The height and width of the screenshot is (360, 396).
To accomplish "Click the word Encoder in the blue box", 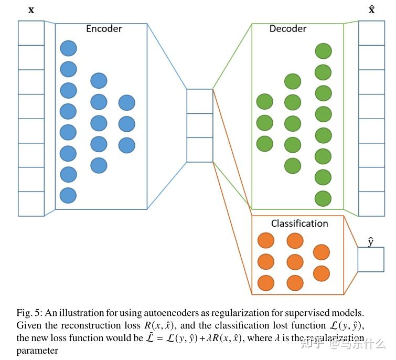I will pos(104,29).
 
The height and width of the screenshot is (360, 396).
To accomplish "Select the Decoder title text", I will pos(287,29).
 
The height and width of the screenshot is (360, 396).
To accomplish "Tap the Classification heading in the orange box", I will pos(299,224).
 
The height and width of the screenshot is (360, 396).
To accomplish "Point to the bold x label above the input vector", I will pos(31,9).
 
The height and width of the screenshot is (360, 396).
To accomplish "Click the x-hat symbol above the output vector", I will pos(371,9).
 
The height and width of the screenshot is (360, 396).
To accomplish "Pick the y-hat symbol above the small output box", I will pos(370,241).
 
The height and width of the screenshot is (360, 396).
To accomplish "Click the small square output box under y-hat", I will pos(370,260).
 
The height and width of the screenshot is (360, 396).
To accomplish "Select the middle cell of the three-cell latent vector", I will pos(200,125).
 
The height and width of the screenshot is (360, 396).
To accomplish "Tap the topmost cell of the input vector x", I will pos(31,33).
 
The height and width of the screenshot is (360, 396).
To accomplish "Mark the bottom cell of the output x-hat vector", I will pos(371,204).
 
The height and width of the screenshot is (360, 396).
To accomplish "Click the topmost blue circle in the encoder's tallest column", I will pos(68,49).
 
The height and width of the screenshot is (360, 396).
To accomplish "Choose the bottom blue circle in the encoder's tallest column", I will pos(68,195).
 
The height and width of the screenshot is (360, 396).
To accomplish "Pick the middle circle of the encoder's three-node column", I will pos(126,124).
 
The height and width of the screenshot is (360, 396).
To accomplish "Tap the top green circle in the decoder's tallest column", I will pos(323,51).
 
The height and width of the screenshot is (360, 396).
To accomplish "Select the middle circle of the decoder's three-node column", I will pos(265,123).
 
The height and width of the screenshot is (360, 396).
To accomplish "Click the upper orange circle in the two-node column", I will pos(321,252).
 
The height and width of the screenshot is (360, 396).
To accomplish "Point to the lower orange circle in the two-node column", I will pos(321,273).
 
